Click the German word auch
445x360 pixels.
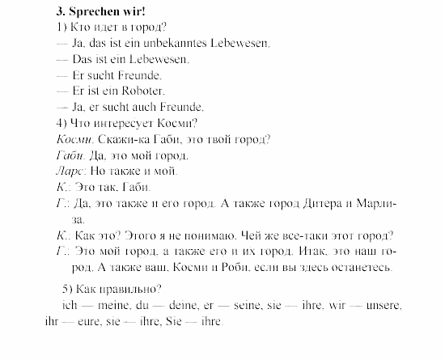pos(160,106)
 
